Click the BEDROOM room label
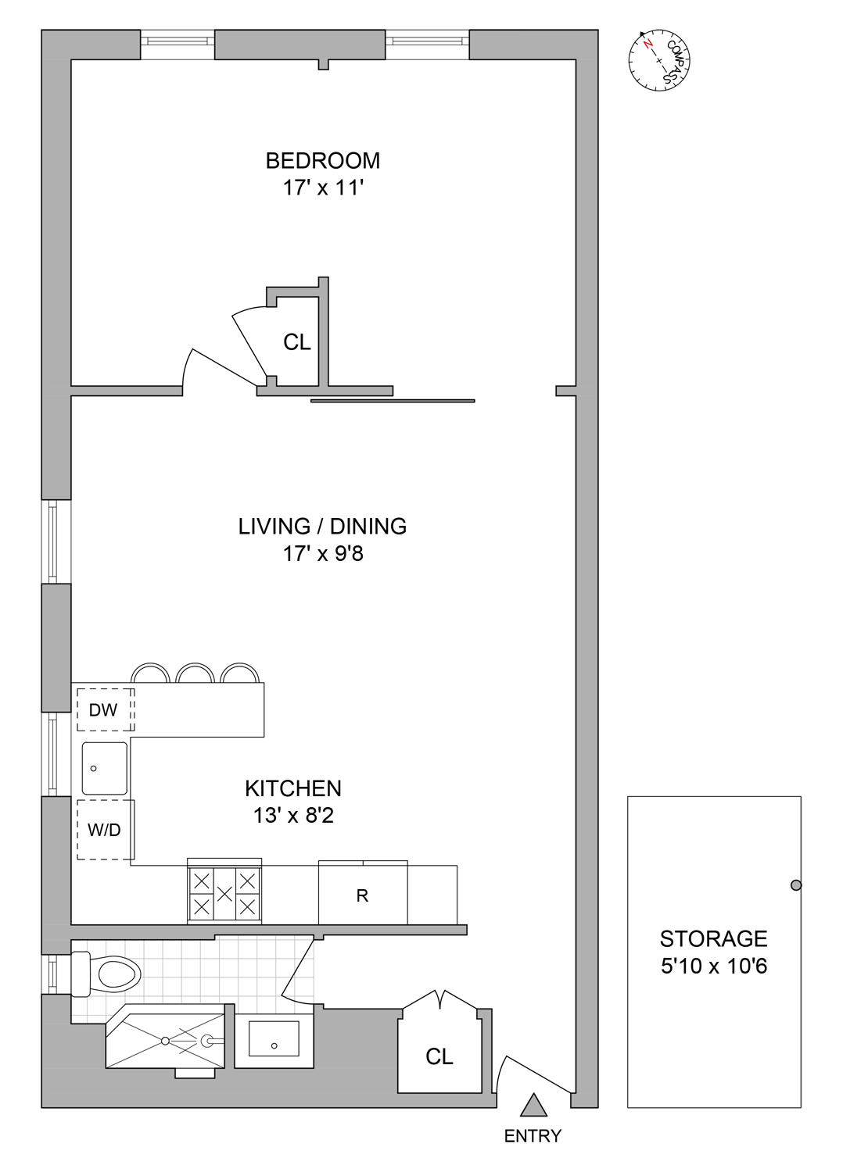coord(322,161)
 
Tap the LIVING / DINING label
coord(322,527)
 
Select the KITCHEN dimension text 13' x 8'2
coord(293,816)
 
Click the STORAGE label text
coord(713,938)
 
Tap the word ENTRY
coord(533,1137)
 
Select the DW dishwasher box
coord(105,709)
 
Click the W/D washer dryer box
coord(105,830)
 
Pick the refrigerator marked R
coord(362,895)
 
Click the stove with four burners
coord(224,892)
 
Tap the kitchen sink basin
coord(105,769)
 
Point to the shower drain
coord(166,1041)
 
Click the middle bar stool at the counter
coord(195,674)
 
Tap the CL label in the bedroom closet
coord(297,342)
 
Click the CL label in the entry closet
coord(439,1057)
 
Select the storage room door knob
coord(796,885)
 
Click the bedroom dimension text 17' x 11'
coord(322,188)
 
